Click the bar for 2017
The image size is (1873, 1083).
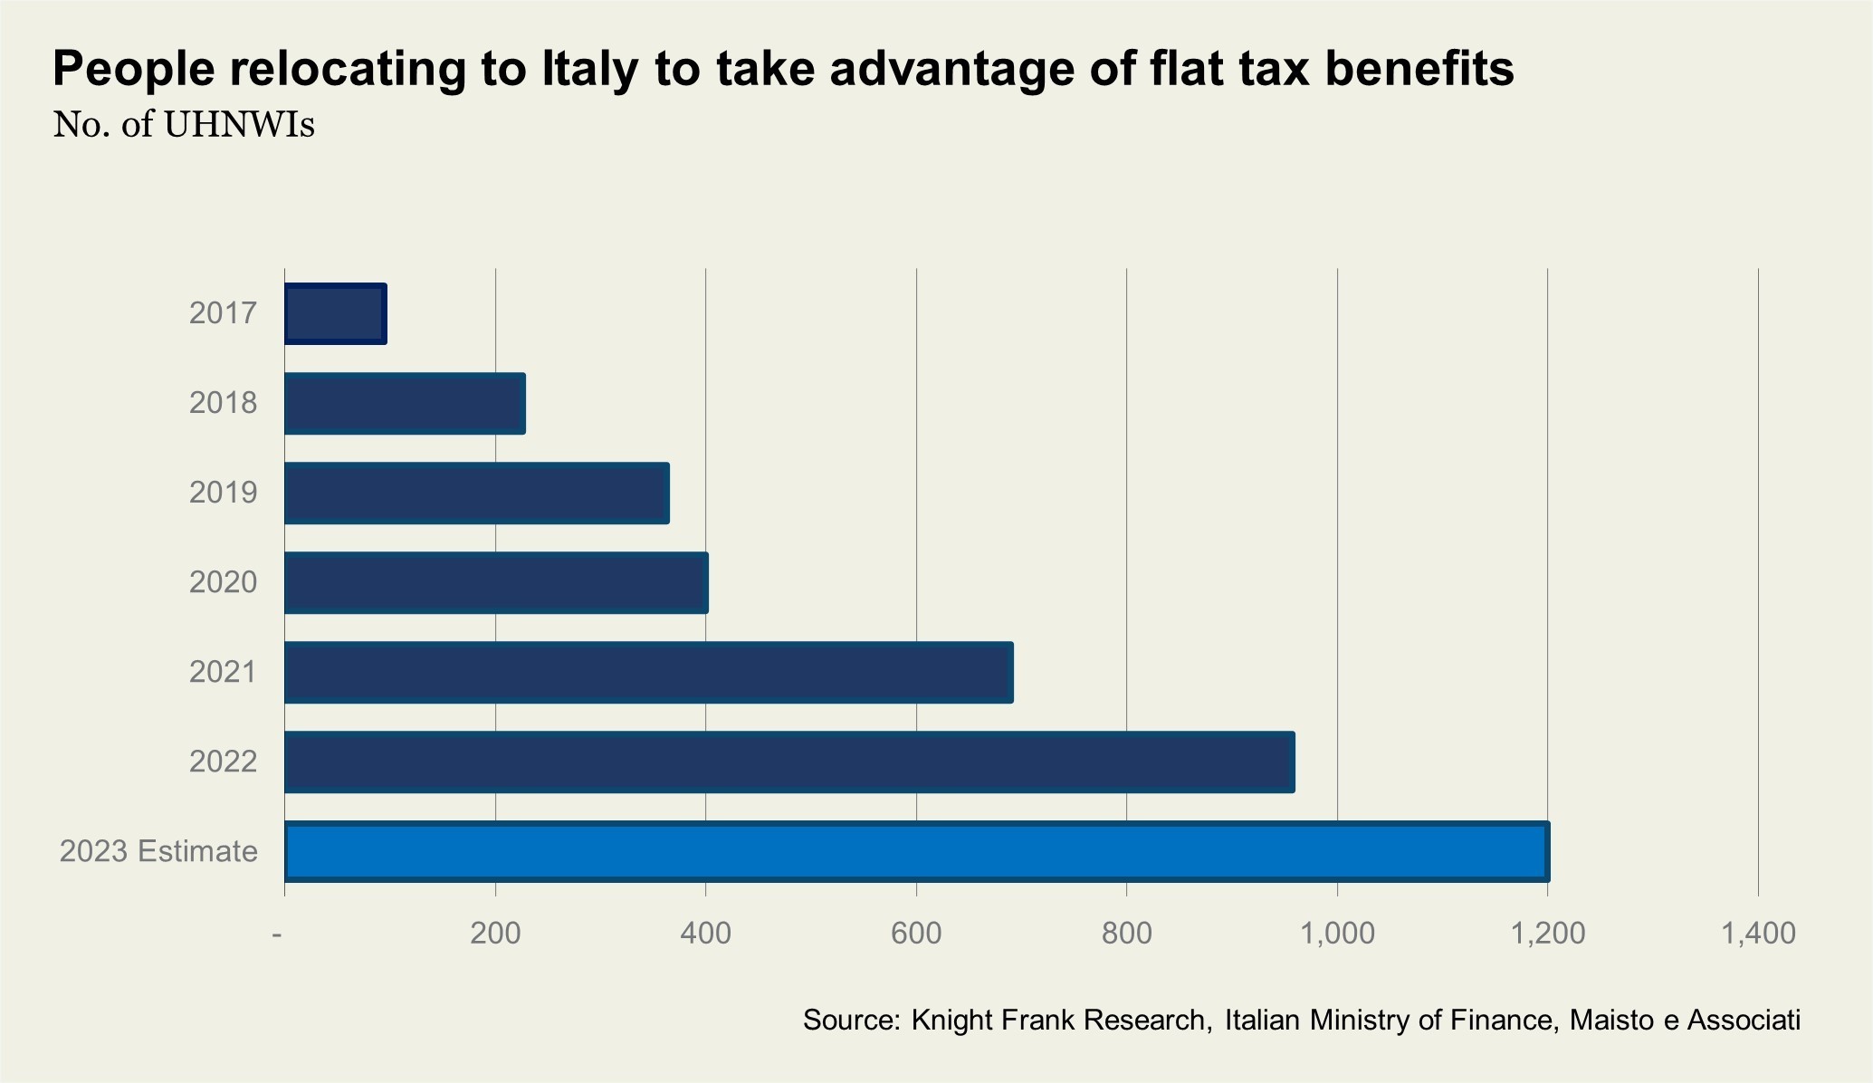pyautogui.click(x=336, y=313)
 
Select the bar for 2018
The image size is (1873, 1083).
pyautogui.click(x=405, y=403)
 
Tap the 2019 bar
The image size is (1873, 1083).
pyautogui.click(x=477, y=493)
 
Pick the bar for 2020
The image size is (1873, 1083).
pyautogui.click(x=496, y=582)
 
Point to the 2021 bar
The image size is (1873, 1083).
pyautogui.click(x=648, y=672)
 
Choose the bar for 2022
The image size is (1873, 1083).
pyautogui.click(x=789, y=762)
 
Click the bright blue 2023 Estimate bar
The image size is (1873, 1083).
pyautogui.click(x=916, y=851)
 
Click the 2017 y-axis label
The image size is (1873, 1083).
pyautogui.click(x=223, y=313)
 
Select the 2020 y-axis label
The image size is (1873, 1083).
pyautogui.click(x=223, y=582)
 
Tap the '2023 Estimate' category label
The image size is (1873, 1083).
pyautogui.click(x=158, y=851)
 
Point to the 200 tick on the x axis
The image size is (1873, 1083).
pyautogui.click(x=495, y=933)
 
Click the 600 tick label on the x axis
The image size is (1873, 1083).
pyautogui.click(x=916, y=933)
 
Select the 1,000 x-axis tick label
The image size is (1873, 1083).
pyautogui.click(x=1336, y=933)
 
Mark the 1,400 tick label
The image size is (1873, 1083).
pyautogui.click(x=1757, y=933)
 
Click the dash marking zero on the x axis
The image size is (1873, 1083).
pyautogui.click(x=277, y=934)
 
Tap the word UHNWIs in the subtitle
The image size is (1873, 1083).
pyautogui.click(x=239, y=125)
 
